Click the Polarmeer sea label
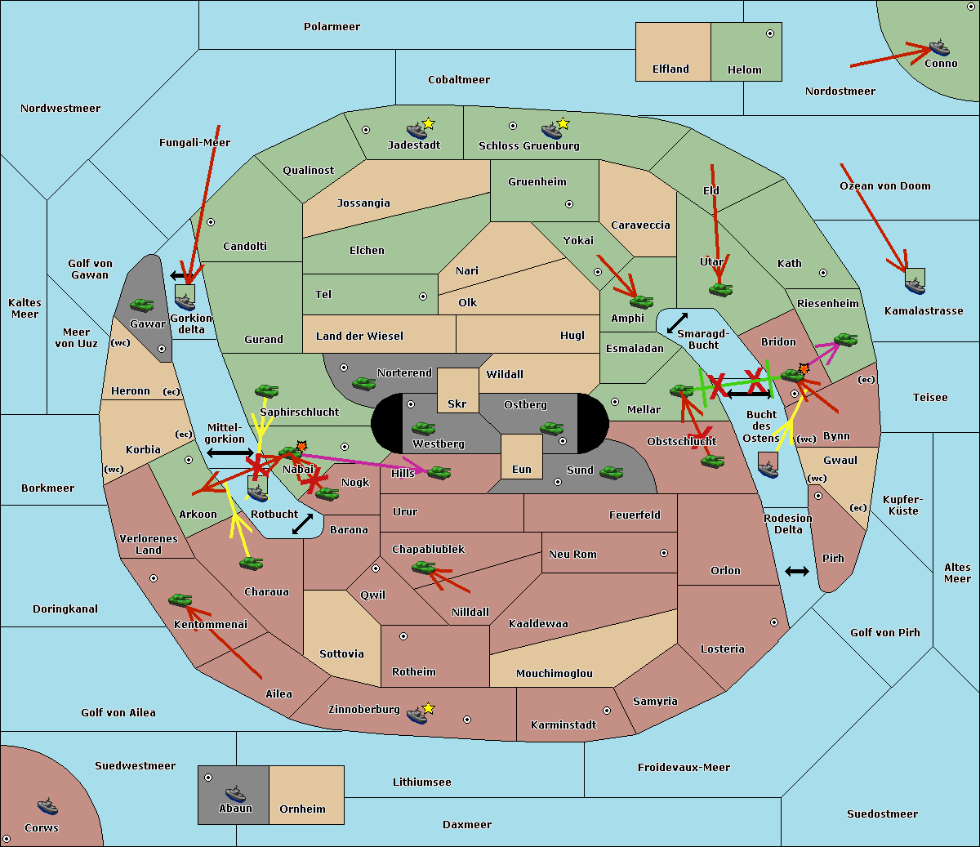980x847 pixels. click(x=332, y=27)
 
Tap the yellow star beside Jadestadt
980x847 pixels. click(x=428, y=124)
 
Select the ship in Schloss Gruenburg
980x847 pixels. click(x=551, y=131)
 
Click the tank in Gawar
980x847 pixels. click(x=142, y=305)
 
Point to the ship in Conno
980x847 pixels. click(x=939, y=48)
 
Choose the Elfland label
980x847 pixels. click(x=670, y=69)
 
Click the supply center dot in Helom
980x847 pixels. click(x=770, y=33)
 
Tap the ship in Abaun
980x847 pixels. click(x=235, y=794)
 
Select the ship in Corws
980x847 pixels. click(x=47, y=805)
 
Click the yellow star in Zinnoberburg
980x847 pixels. click(x=428, y=708)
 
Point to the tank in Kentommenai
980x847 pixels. click(x=180, y=600)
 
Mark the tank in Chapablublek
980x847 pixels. click(x=423, y=568)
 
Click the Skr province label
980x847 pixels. click(x=457, y=403)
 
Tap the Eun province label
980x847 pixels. click(x=522, y=470)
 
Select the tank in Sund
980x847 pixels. click(x=611, y=473)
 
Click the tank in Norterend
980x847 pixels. click(x=363, y=384)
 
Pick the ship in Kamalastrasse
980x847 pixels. click(x=915, y=286)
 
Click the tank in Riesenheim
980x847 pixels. click(x=846, y=340)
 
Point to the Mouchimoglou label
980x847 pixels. click(x=555, y=673)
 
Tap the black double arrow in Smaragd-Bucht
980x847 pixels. click(x=677, y=323)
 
